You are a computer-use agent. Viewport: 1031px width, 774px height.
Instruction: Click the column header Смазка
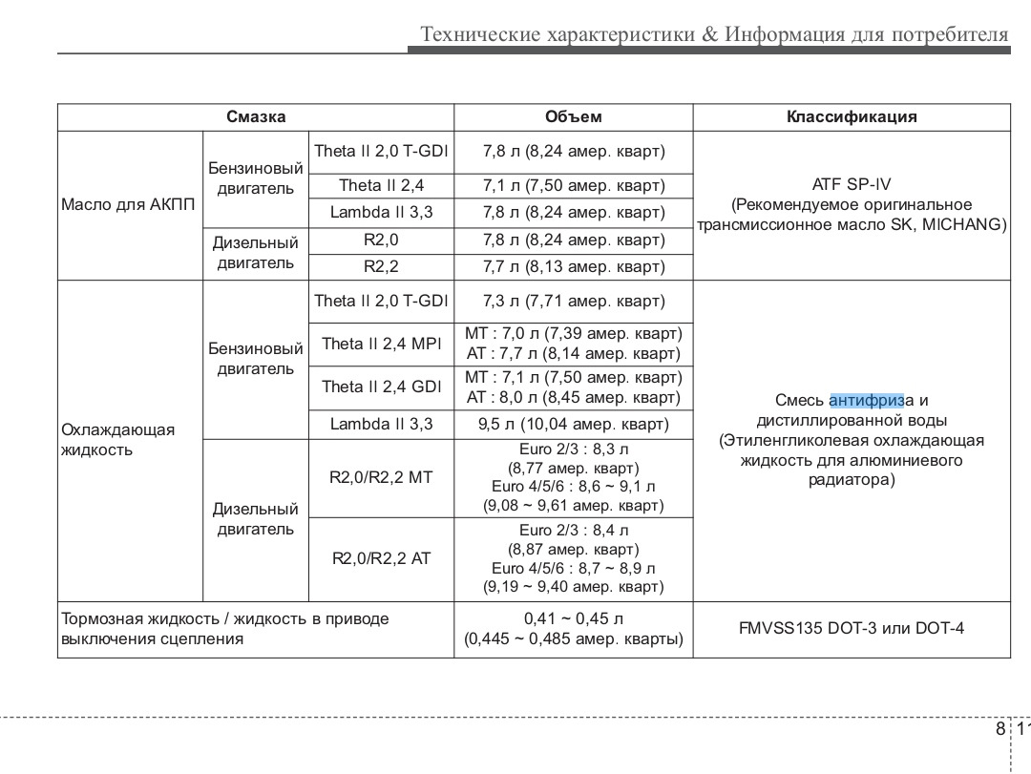pos(256,116)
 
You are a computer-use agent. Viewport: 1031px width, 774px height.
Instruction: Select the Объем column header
pos(573,116)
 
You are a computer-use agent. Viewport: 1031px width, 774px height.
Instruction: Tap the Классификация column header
pos(852,116)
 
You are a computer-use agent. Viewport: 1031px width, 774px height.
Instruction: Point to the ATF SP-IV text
pos(852,184)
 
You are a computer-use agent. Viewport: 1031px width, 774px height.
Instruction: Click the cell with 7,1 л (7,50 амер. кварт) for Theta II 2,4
pos(573,185)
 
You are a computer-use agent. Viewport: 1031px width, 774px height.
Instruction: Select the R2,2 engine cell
pos(381,266)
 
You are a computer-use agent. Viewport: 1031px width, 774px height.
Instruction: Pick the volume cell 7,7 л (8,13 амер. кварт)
pos(573,266)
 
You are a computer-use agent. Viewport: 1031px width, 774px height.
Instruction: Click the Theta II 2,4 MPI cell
pos(381,344)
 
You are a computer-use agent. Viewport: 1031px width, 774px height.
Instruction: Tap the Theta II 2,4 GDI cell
pos(381,387)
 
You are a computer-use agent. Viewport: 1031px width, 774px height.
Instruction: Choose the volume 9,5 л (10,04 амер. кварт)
pos(573,424)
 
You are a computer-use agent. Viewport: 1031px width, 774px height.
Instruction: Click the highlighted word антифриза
pos(872,400)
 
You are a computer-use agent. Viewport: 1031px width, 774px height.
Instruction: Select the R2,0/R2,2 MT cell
pos(381,477)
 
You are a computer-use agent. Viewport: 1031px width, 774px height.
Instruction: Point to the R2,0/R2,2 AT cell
pos(381,558)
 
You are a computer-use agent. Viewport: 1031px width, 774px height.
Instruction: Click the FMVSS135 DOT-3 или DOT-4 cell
pos(852,629)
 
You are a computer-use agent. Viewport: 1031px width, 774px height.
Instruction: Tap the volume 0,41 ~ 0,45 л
pos(573,618)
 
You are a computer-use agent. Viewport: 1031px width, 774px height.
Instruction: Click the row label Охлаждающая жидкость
pos(117,439)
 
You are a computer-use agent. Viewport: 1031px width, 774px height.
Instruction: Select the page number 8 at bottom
pos(999,730)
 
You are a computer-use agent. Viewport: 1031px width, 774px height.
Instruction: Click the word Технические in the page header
pos(480,35)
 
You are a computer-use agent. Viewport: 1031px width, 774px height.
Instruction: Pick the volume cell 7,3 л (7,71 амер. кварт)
pos(573,302)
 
